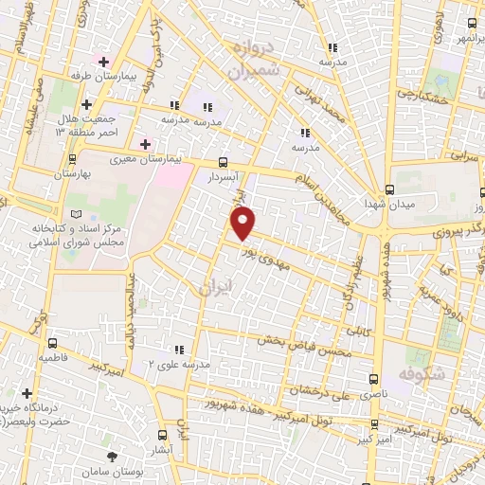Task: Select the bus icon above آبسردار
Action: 223,162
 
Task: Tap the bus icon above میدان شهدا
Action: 391,187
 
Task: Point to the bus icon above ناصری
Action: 378,359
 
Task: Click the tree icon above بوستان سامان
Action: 115,454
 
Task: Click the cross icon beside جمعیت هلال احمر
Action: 87,104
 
